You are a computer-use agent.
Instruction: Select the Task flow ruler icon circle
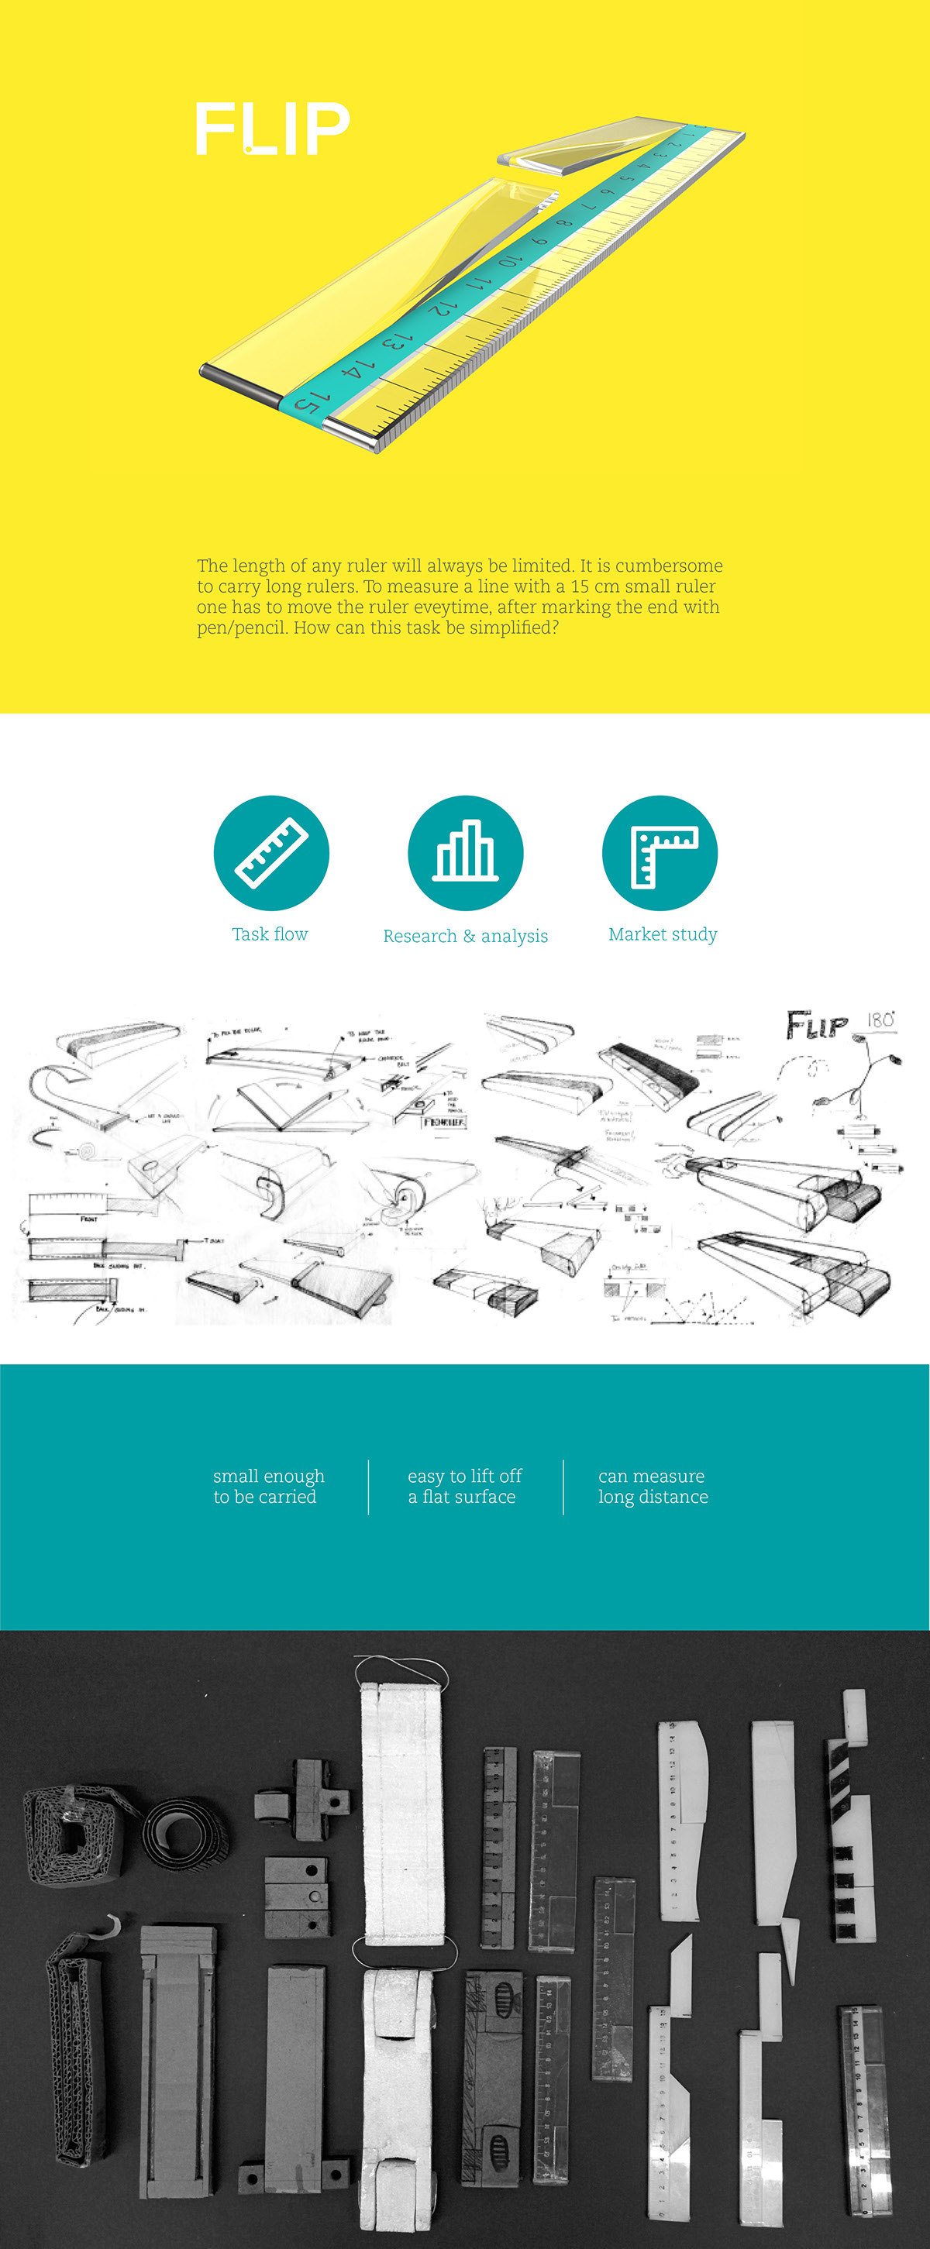[x=271, y=852]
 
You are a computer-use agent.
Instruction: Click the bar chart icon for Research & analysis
[x=466, y=852]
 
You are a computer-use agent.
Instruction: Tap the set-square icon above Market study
[x=660, y=852]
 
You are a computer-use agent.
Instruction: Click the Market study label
[x=662, y=934]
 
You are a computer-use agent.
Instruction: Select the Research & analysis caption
[x=466, y=936]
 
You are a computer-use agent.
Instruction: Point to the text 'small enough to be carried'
[x=268, y=1486]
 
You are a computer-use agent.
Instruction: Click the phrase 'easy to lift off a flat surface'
[x=464, y=1486]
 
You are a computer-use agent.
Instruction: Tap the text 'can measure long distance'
[x=653, y=1486]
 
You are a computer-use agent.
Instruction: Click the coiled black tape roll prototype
[x=185, y=1831]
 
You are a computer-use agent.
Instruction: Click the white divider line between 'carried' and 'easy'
[x=368, y=1487]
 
